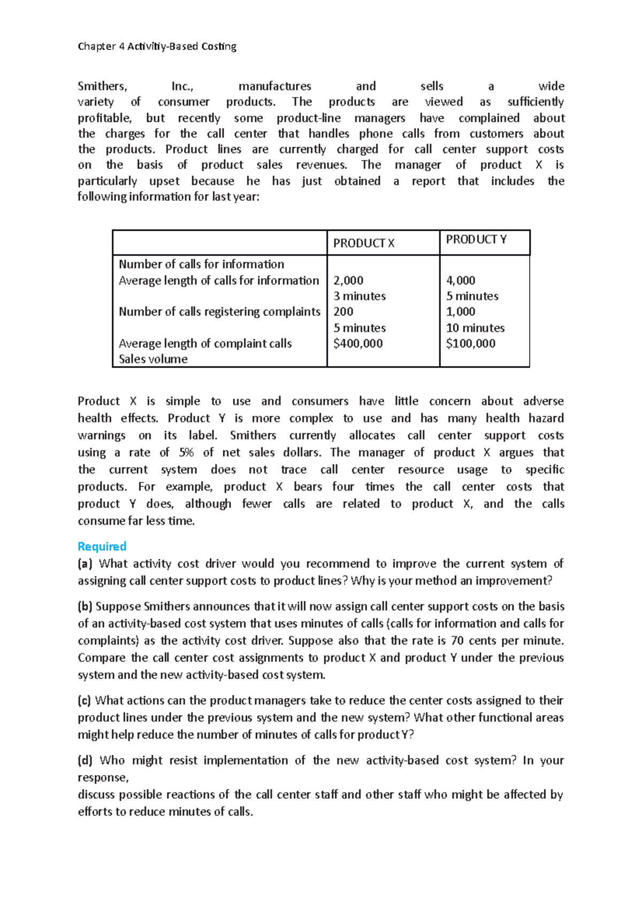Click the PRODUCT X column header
click(x=364, y=244)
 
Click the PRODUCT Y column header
click(x=476, y=240)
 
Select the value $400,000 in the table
click(x=358, y=344)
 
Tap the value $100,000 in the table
click(x=471, y=344)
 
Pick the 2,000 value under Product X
click(x=348, y=281)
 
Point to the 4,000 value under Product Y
click(x=461, y=281)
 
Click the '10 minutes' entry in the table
click(x=476, y=328)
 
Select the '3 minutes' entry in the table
click(x=360, y=296)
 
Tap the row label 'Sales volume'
click(x=153, y=359)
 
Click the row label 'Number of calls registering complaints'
click(x=219, y=312)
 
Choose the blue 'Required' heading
click(x=102, y=547)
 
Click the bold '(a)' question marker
click(x=85, y=564)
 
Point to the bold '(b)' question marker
click(x=85, y=607)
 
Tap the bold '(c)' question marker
click(x=85, y=701)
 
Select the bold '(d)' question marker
click(x=85, y=761)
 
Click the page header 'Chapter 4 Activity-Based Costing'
click(x=157, y=47)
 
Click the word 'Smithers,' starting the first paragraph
click(x=102, y=86)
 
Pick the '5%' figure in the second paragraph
click(x=186, y=453)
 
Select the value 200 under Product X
click(x=343, y=312)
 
